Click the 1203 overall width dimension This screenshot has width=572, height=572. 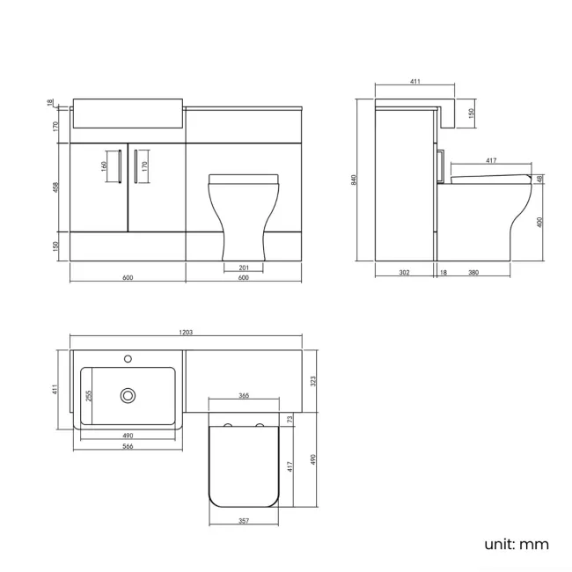tap(186, 333)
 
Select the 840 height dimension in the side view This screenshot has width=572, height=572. tap(354, 180)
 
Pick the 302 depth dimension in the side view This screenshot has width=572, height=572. tap(404, 273)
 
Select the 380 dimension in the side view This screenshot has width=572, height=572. tap(473, 273)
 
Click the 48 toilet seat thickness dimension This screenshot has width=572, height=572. tap(539, 179)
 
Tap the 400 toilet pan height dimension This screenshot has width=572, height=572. tap(539, 222)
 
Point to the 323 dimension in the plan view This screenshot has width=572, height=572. tap(312, 380)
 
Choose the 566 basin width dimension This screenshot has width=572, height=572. tap(128, 447)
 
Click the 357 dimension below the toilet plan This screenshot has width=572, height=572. tap(244, 519)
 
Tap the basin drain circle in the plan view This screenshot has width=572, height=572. tap(129, 396)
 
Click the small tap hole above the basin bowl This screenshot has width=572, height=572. tap(129, 359)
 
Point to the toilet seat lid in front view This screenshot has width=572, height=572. tap(244, 179)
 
